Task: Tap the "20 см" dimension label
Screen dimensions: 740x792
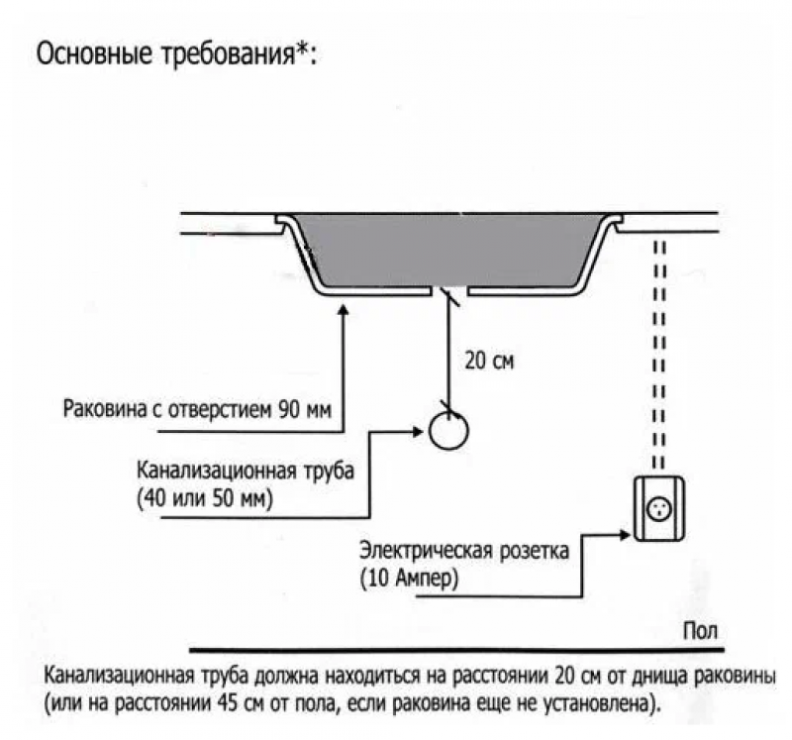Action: [x=489, y=361]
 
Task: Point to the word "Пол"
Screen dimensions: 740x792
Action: [x=698, y=630]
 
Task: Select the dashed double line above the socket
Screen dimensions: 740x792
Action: [x=657, y=347]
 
